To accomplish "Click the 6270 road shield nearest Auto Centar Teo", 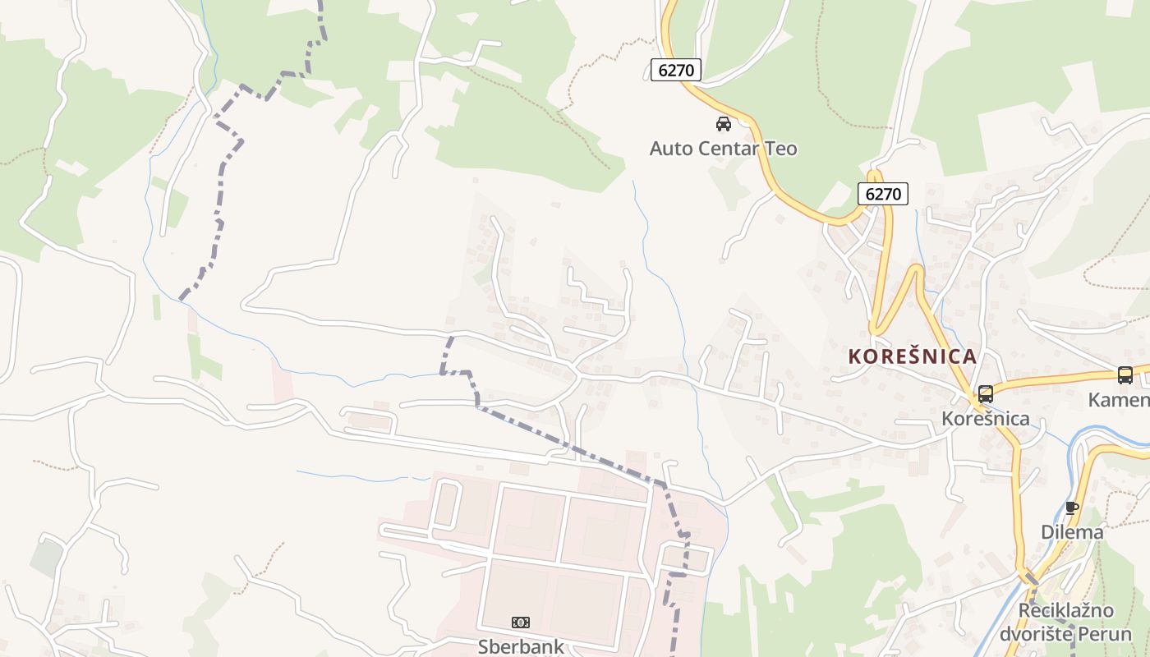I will (x=676, y=71).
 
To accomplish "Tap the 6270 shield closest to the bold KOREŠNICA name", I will (x=884, y=195).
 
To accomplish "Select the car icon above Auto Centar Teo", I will (x=724, y=124).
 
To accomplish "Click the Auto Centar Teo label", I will (x=723, y=149).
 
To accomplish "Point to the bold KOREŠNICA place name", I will (x=912, y=356).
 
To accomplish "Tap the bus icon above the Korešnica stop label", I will (x=986, y=394).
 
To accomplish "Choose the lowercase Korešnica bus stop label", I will (x=986, y=419).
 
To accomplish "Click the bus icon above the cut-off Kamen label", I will (x=1125, y=375).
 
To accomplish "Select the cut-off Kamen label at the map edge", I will (x=1119, y=400).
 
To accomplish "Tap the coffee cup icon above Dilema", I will (x=1072, y=508).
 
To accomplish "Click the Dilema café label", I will (x=1072, y=532).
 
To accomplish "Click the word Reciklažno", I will (x=1066, y=611).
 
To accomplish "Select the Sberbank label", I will (x=521, y=646).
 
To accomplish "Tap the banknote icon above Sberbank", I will (x=521, y=623).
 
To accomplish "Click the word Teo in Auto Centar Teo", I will (x=780, y=149).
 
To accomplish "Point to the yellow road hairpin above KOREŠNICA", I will (x=914, y=271).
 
